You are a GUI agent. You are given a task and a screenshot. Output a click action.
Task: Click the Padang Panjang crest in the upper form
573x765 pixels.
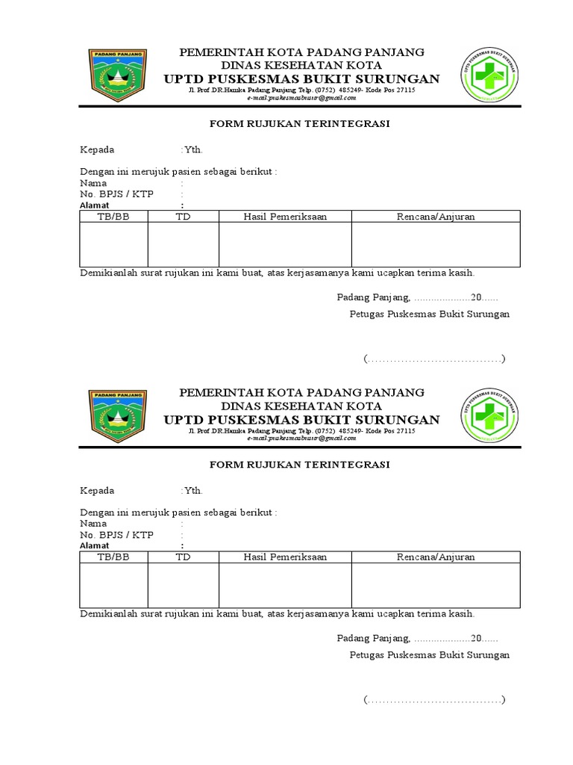(118, 76)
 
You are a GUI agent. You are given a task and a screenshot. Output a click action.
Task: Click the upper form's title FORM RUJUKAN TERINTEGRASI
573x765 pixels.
(299, 124)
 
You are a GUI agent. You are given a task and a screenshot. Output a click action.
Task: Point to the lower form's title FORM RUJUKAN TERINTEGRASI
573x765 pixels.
(299, 465)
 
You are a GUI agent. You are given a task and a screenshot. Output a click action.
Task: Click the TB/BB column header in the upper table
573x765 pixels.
(113, 217)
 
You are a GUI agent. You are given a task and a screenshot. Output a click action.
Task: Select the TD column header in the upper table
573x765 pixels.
(183, 217)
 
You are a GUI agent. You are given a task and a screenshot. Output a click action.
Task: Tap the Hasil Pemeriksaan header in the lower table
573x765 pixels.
(285, 557)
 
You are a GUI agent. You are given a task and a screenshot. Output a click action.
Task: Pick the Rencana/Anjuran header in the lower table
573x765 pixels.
(436, 557)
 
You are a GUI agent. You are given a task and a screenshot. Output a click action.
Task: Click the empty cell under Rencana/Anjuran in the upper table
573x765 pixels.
(436, 244)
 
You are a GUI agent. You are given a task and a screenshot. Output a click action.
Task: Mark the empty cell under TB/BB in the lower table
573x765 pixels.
(113, 585)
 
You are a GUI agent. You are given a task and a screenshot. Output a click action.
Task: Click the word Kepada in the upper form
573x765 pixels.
(97, 149)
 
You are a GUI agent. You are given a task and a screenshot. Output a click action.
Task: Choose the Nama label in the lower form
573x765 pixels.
(93, 524)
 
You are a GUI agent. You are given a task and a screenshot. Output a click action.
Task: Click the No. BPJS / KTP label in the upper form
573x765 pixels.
(116, 194)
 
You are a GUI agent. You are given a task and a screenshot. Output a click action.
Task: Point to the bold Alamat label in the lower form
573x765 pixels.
(95, 545)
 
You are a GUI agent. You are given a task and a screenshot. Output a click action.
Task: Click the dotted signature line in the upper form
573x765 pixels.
(435, 360)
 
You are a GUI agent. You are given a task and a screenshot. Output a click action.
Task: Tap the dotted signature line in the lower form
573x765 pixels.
(435, 701)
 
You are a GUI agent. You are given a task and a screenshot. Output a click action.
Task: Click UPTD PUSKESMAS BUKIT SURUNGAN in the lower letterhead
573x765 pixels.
(301, 419)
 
